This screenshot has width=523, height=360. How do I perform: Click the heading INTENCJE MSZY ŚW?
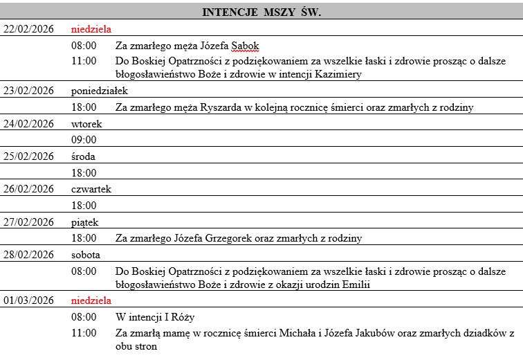[x=261, y=12]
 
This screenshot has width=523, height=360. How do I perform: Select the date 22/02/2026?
[x=28, y=29]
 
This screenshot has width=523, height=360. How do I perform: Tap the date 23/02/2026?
[x=28, y=91]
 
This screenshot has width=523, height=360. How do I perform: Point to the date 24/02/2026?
[x=28, y=124]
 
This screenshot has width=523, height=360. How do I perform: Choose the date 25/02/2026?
[x=28, y=156]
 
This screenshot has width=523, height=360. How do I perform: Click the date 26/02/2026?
[x=28, y=189]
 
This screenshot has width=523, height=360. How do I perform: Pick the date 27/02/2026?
[x=28, y=222]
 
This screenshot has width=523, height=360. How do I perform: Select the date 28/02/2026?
[x=28, y=255]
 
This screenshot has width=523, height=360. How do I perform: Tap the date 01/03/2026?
[x=28, y=300]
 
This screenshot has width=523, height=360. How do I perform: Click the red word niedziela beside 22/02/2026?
[x=91, y=29]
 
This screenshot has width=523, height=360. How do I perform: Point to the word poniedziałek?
[x=99, y=91]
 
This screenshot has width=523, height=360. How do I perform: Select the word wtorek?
[x=86, y=124]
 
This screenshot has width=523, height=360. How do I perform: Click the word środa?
[x=84, y=156]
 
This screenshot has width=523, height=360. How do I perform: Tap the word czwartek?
[x=91, y=189]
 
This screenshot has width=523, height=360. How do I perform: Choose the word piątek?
[x=85, y=222]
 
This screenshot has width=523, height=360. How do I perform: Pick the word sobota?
[x=86, y=255]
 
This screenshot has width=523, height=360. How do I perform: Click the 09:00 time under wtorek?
[x=84, y=140]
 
